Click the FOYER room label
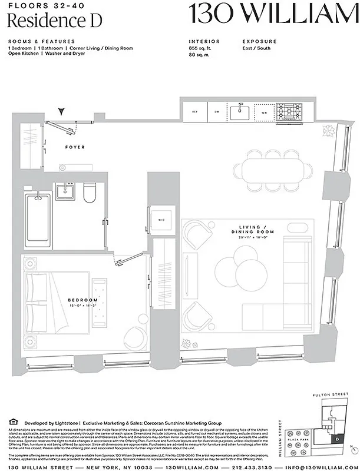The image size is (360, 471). coord(75,147)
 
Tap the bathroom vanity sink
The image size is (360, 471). coord(64,191)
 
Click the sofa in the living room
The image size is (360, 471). coord(298,281)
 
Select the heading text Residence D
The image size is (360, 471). coord(55,21)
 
